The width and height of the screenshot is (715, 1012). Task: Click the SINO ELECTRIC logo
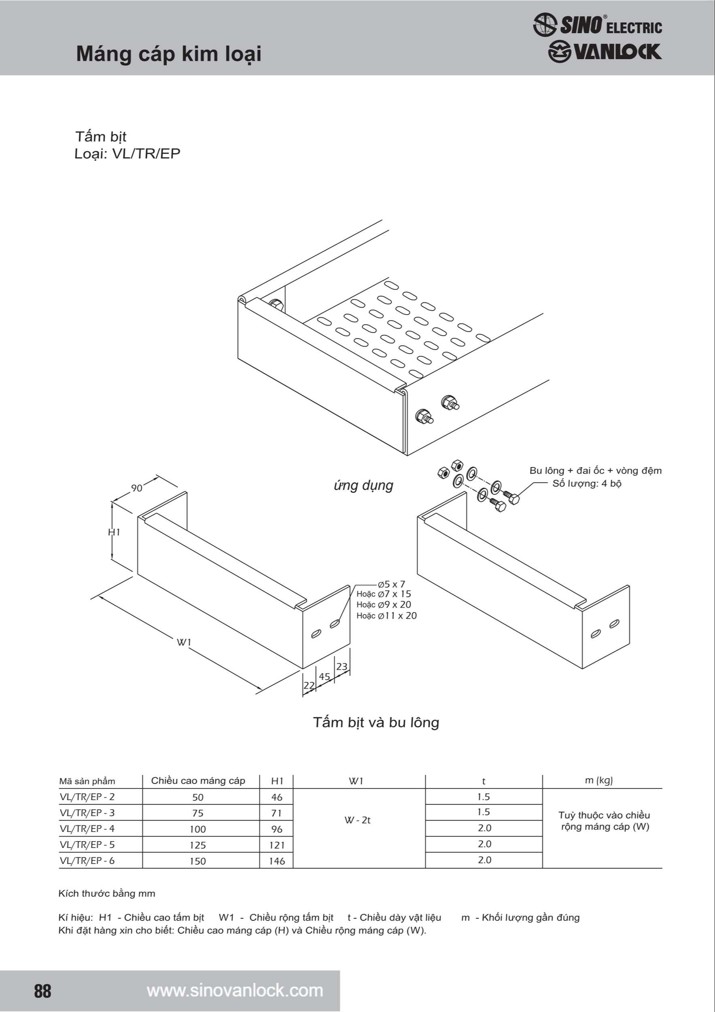(x=597, y=25)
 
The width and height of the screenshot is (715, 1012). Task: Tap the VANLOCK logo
(x=605, y=51)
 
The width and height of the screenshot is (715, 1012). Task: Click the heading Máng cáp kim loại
(x=169, y=54)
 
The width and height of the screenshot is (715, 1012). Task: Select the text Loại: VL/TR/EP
(x=127, y=154)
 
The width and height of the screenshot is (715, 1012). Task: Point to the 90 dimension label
(x=137, y=488)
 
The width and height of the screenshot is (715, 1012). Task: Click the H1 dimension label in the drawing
(x=114, y=532)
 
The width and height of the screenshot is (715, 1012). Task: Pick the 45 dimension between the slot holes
(x=325, y=676)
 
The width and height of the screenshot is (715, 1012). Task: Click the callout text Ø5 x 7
(x=391, y=585)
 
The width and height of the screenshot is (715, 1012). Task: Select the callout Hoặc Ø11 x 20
(x=386, y=616)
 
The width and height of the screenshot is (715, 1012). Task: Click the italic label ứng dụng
(x=363, y=486)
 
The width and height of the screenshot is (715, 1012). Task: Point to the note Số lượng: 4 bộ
(x=587, y=483)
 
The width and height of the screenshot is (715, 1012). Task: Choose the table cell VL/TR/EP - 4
(x=87, y=829)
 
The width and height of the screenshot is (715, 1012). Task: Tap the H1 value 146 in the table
(x=277, y=861)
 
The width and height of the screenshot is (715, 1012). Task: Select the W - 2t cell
(x=358, y=820)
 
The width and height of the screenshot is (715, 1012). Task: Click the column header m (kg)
(x=599, y=780)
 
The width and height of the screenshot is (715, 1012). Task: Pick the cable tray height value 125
(x=198, y=845)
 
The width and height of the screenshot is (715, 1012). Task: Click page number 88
(x=43, y=991)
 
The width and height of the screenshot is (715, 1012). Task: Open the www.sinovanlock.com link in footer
(x=235, y=991)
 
